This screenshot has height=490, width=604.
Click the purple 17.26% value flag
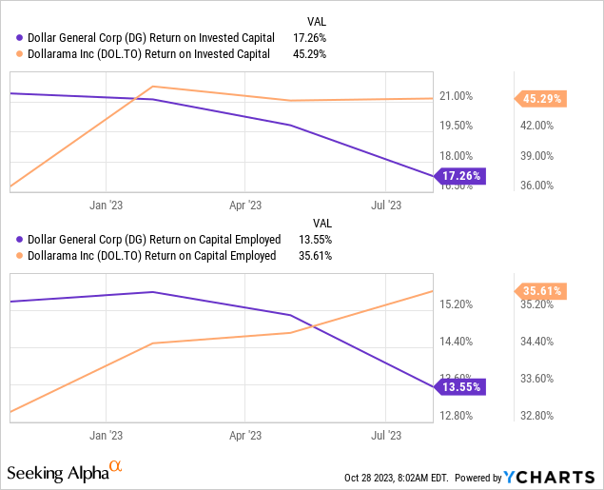(x=461, y=176)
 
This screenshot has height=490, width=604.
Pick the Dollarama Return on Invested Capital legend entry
(x=152, y=52)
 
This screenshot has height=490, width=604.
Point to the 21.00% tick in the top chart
(x=457, y=96)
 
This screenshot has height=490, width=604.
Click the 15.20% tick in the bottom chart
(x=457, y=304)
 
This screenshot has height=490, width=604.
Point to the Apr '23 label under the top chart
(x=245, y=205)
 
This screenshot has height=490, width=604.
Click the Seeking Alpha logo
(x=65, y=472)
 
